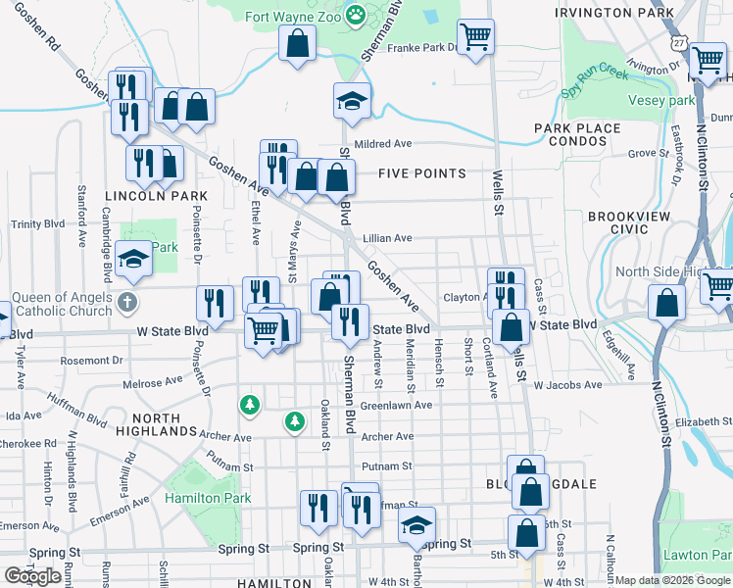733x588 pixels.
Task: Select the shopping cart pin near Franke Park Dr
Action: (475, 38)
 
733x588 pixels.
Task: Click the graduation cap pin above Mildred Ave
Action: (352, 102)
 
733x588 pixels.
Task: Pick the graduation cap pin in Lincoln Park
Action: (133, 261)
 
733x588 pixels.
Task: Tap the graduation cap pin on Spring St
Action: (417, 526)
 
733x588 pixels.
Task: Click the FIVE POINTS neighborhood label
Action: (422, 173)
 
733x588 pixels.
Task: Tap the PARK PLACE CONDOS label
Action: (577, 134)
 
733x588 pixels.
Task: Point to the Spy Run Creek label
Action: (596, 81)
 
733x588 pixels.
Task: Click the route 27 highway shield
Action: (679, 44)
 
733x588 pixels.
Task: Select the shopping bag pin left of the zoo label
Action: (296, 44)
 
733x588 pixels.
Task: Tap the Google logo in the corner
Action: (32, 575)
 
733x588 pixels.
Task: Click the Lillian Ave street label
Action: (387, 237)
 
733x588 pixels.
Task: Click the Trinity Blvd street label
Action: (37, 223)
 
